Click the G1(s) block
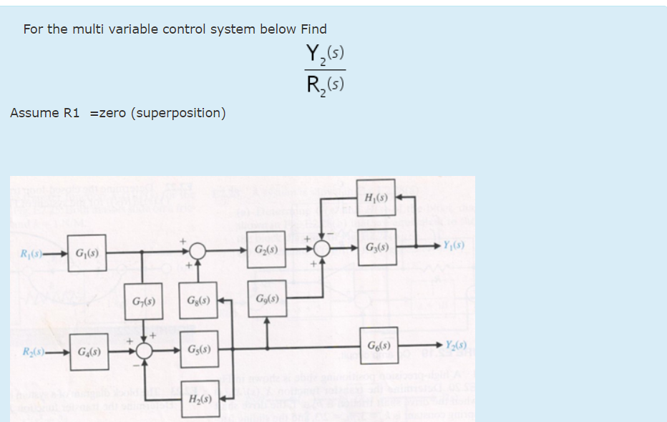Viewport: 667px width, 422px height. [x=87, y=253]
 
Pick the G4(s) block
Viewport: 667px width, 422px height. [x=89, y=352]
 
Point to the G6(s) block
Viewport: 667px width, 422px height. [x=379, y=345]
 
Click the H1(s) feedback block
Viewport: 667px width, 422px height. [x=377, y=196]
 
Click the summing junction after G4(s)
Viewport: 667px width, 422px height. [x=145, y=350]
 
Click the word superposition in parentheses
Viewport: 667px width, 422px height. [x=178, y=113]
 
